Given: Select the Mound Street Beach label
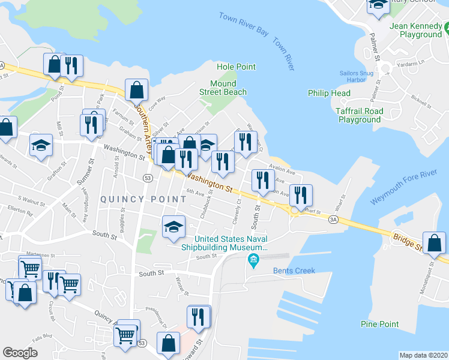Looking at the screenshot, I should pos(223,88).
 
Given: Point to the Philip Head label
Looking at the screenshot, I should pos(329,93).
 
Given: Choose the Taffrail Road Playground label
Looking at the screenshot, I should pos(360,115).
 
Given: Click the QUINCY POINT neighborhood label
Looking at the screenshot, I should pos(131,199).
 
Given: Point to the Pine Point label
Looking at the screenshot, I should pos(380,324).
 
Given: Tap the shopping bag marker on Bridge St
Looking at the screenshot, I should pos(435,243).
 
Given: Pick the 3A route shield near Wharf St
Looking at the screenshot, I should pos(333,220).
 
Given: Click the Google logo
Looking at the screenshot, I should pos(20,352).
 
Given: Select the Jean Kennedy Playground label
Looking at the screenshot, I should pos(415,30).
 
